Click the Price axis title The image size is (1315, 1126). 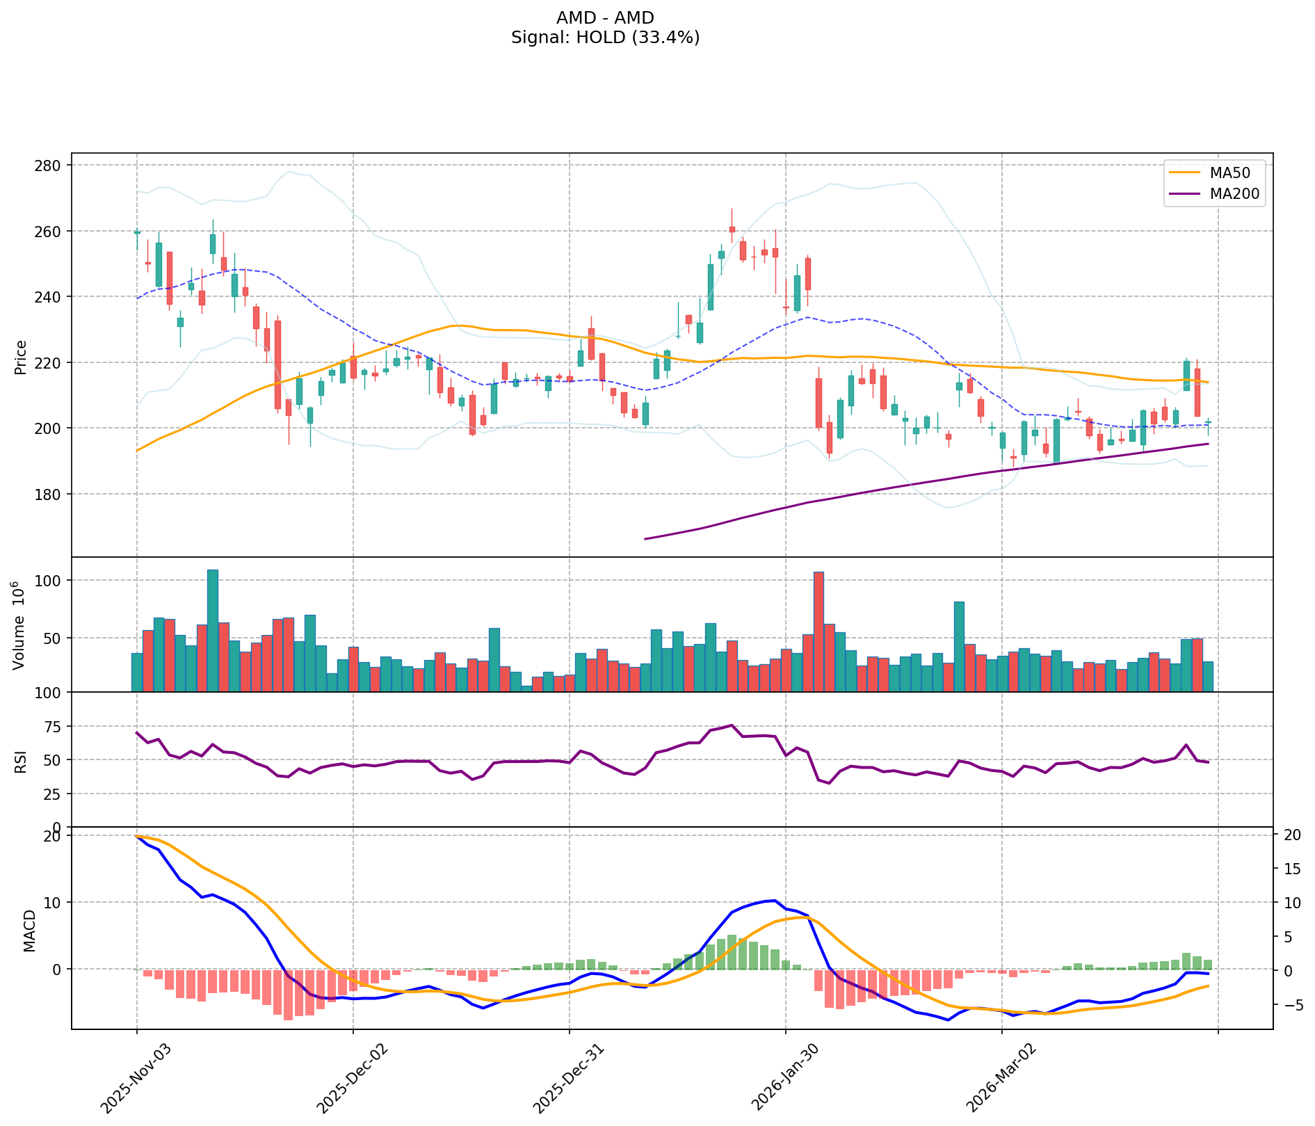[x=21, y=357]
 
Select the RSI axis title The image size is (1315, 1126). [x=21, y=760]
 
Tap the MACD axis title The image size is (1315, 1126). [x=29, y=930]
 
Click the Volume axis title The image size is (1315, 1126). [x=19, y=625]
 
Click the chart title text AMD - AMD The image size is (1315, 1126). [x=605, y=18]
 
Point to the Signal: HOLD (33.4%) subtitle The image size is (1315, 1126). [x=605, y=38]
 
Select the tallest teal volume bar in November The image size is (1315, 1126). [x=213, y=630]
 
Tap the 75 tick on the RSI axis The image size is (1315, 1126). [x=53, y=726]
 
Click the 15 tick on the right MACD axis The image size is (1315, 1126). [x=1291, y=869]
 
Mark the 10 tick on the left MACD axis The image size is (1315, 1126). [x=53, y=902]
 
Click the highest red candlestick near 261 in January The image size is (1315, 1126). [x=732, y=230]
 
